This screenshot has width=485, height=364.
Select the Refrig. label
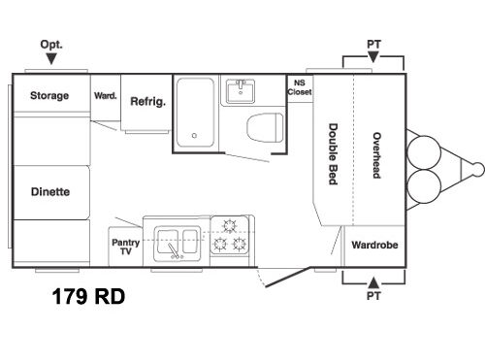(146, 100)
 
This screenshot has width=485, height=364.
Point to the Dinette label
(49, 191)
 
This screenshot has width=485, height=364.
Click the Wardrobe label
(374, 245)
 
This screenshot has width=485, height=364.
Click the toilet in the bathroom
(261, 126)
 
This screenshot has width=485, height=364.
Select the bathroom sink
(239, 92)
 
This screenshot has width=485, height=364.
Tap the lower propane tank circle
(424, 184)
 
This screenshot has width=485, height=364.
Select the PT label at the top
(373, 45)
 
